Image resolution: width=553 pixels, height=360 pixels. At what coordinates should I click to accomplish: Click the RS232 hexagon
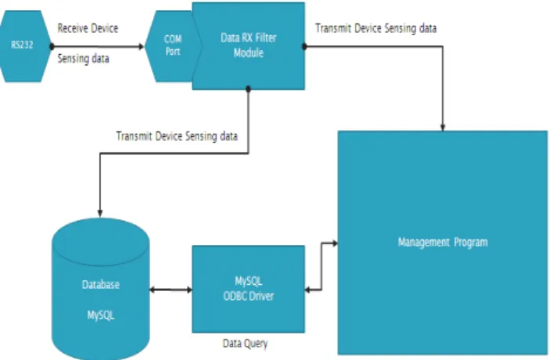(x=25, y=46)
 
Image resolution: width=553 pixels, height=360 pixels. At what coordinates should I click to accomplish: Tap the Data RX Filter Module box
(x=249, y=46)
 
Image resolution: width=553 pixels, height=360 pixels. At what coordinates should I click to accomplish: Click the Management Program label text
(x=443, y=242)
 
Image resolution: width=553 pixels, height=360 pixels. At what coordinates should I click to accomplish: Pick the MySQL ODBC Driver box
(x=248, y=289)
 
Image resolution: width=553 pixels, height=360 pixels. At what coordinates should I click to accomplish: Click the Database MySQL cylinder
(x=101, y=289)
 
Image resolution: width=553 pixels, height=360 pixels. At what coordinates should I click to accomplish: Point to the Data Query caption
(x=245, y=343)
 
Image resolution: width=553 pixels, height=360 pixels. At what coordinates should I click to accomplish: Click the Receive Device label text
(x=88, y=28)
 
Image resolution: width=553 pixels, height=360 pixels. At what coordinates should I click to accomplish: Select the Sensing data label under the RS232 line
(x=83, y=58)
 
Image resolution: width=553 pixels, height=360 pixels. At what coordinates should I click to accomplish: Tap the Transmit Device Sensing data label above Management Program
(x=376, y=28)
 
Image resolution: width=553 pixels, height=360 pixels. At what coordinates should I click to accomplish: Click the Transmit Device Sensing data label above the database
(x=177, y=136)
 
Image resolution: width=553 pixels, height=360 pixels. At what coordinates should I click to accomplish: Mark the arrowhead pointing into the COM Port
(x=142, y=46)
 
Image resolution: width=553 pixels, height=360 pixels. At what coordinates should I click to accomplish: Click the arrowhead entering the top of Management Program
(x=443, y=128)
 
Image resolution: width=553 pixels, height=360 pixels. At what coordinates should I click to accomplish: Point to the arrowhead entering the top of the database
(x=100, y=214)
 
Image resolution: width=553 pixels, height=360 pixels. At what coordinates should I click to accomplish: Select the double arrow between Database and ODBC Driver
(x=171, y=290)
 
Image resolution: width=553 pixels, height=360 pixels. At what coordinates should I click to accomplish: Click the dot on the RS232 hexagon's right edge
(x=52, y=46)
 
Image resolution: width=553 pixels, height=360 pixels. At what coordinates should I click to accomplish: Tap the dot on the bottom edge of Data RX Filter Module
(x=248, y=89)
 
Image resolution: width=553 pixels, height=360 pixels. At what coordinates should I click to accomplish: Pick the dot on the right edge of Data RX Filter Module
(x=304, y=46)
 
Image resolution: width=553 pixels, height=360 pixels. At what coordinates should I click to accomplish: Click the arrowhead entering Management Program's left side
(x=335, y=243)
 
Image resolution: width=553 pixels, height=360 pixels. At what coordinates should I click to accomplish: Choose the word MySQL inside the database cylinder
(x=101, y=315)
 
